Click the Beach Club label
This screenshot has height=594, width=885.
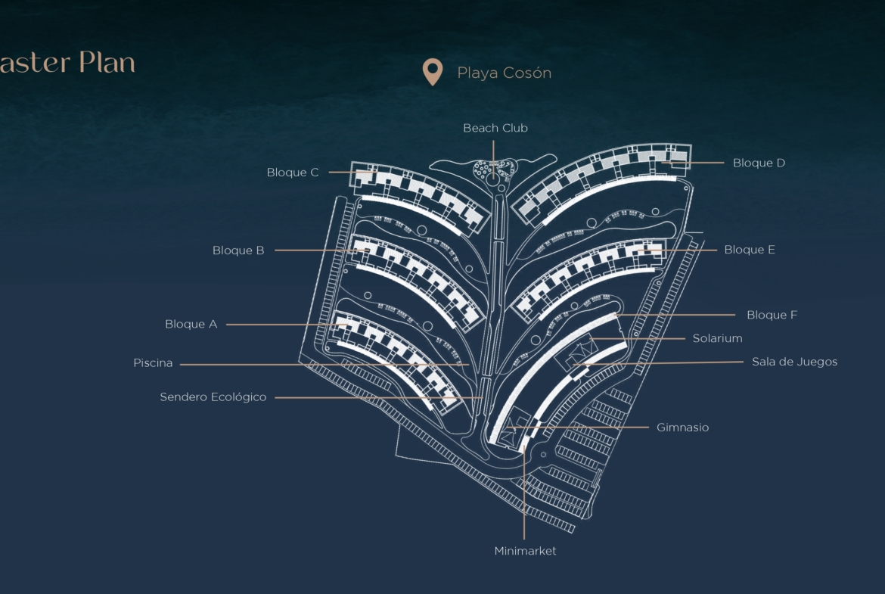pyautogui.click(x=495, y=129)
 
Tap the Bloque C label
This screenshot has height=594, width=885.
pyautogui.click(x=293, y=173)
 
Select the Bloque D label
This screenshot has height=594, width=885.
pyautogui.click(x=759, y=163)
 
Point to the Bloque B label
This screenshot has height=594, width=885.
pyautogui.click(x=238, y=250)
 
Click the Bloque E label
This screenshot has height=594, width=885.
pyautogui.click(x=750, y=250)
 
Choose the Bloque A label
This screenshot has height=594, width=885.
pyautogui.click(x=191, y=325)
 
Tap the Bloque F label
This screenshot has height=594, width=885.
pyautogui.click(x=772, y=315)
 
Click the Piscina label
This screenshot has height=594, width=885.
pyautogui.click(x=153, y=363)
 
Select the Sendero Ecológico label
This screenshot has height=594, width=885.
pyautogui.click(x=213, y=397)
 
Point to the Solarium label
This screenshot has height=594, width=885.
pyautogui.click(x=717, y=338)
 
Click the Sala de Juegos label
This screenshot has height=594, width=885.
pyautogui.click(x=794, y=362)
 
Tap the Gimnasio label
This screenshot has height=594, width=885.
pyautogui.click(x=682, y=428)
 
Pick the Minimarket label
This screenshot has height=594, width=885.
pyautogui.click(x=525, y=551)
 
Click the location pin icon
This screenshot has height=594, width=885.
pyautogui.click(x=432, y=72)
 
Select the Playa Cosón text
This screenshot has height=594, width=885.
pyautogui.click(x=504, y=73)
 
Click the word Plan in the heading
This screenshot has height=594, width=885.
pyautogui.click(x=107, y=63)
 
